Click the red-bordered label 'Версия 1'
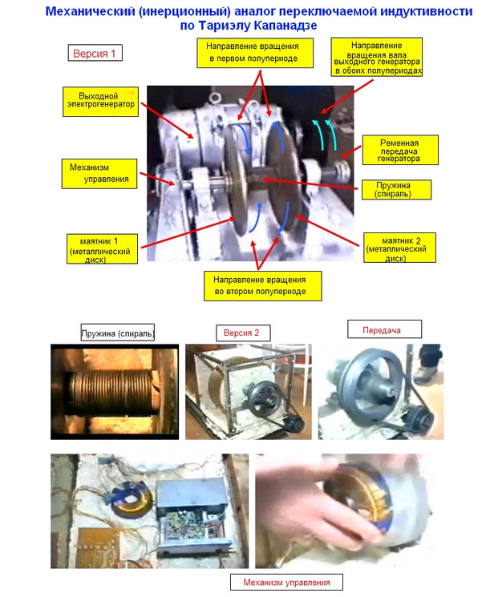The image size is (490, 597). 95,53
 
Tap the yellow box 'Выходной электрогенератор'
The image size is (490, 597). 100,102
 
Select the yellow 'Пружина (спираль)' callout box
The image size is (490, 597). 396,190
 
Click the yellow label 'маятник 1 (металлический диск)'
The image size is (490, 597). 102,249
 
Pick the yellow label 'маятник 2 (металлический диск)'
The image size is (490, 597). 399,248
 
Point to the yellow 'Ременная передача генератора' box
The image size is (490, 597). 400,150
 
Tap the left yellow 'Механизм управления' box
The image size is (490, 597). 99,174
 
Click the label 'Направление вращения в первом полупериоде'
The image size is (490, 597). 255,53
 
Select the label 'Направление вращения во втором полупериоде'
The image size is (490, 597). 262,286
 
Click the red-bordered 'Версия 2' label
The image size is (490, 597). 243,333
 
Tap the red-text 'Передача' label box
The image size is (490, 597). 384,329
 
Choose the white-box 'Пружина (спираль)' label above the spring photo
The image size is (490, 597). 118,333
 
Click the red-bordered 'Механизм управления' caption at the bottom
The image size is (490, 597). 286,582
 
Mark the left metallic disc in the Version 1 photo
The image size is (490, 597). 235,179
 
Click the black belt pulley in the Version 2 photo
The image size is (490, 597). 263,401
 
